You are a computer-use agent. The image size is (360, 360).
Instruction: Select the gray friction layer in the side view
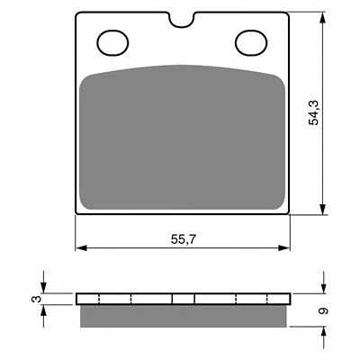pyautogui.click(x=184, y=316)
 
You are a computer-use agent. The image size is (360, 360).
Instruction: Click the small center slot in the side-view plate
pyautogui.click(x=184, y=299)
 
